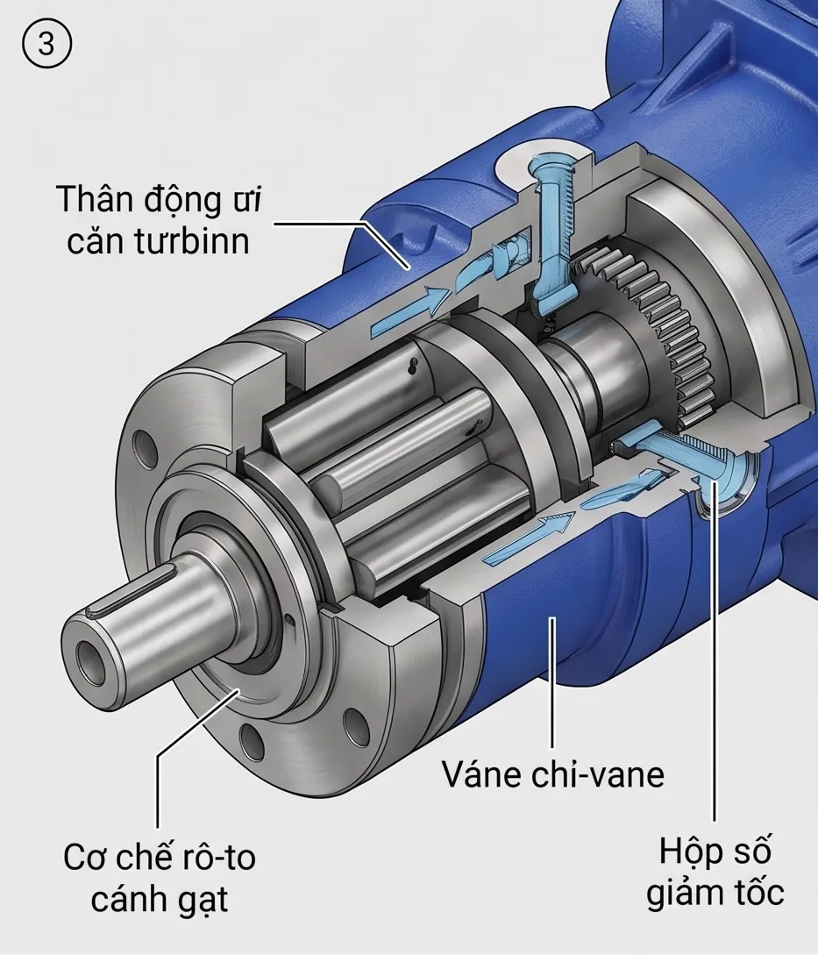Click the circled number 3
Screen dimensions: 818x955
46,45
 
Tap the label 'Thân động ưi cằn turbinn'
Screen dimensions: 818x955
159,220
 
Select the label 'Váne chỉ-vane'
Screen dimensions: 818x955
553,774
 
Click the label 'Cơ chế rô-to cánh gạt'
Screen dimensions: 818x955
160,878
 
